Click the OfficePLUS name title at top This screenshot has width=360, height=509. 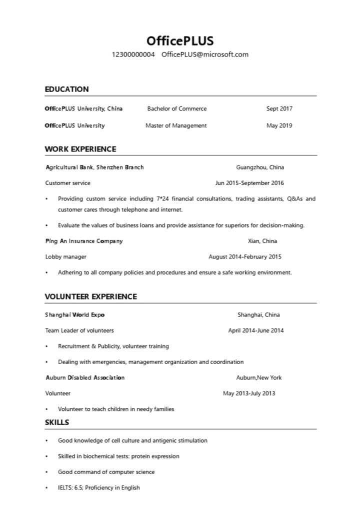180,40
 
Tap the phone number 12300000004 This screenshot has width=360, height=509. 133,54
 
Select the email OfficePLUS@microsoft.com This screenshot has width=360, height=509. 205,54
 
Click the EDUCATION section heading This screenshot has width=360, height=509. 66,89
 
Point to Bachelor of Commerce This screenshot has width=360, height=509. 176,108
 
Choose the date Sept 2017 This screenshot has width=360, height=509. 279,108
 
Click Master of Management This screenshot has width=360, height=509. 176,125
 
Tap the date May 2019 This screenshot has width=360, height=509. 279,125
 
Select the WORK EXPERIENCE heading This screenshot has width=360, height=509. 80,149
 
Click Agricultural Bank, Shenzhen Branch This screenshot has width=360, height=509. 94,167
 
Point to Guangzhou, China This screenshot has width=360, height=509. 260,167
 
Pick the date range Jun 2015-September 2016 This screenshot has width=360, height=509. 249,183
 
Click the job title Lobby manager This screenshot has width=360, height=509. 65,257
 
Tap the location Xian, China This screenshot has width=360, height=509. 262,241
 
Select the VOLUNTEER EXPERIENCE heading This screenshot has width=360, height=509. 90,296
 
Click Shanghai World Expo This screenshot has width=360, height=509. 75,315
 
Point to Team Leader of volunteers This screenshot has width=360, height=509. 79,330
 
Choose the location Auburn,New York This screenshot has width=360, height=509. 259,377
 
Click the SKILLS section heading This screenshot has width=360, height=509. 57,422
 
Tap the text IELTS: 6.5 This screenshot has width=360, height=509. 69,487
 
